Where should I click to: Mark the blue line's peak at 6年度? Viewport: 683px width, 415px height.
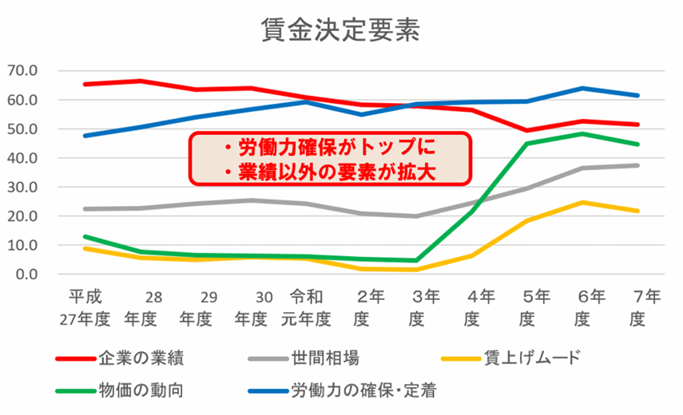point(584,88)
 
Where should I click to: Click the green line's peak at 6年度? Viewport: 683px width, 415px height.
point(584,133)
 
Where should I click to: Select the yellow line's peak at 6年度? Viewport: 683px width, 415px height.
point(584,202)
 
